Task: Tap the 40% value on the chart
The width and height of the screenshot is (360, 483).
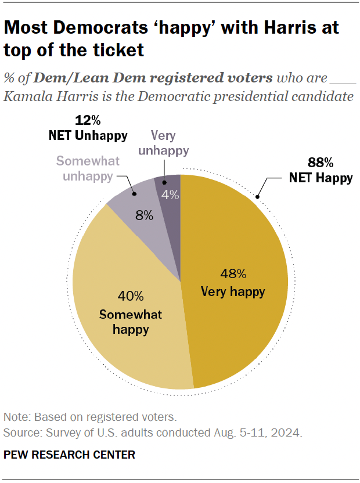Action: [130, 297]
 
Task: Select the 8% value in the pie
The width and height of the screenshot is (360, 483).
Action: [144, 216]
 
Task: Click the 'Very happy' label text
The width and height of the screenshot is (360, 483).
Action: [233, 291]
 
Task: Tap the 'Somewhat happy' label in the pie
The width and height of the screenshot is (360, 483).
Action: [130, 322]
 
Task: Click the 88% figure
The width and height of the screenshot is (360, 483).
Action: [320, 163]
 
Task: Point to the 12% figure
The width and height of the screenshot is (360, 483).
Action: [88, 121]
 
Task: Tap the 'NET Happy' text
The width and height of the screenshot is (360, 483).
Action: [321, 178]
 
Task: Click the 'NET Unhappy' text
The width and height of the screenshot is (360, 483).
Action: [88, 136]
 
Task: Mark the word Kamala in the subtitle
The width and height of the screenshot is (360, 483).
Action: [26, 96]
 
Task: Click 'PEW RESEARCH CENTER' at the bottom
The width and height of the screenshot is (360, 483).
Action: [69, 455]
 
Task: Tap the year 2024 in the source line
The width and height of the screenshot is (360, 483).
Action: [287, 432]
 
